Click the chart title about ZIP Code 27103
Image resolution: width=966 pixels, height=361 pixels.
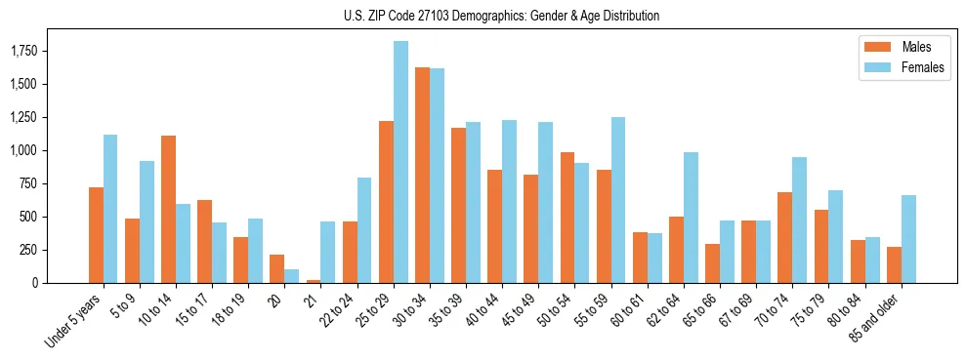click(x=501, y=16)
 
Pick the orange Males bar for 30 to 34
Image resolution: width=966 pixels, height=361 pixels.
click(x=422, y=176)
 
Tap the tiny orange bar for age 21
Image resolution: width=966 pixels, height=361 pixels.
click(x=314, y=281)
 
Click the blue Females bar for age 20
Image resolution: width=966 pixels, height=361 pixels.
click(x=292, y=276)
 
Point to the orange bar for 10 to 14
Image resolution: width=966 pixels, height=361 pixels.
click(x=168, y=210)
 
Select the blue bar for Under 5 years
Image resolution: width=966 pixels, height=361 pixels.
click(x=110, y=209)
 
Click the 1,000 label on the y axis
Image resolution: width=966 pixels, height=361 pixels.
click(x=37, y=150)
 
